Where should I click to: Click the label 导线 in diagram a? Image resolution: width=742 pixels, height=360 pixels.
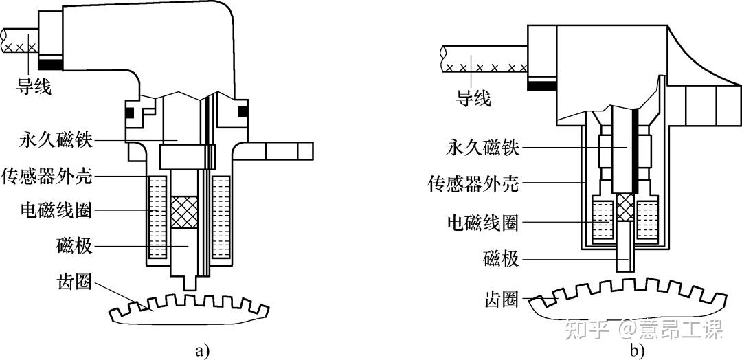click(x=34, y=86)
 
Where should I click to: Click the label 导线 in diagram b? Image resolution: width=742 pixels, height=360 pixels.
click(x=473, y=98)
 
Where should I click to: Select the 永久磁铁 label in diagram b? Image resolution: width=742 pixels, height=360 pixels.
click(x=483, y=148)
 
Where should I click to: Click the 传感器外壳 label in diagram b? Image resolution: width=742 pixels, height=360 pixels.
click(x=473, y=183)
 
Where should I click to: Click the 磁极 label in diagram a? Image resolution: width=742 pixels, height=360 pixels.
click(x=74, y=246)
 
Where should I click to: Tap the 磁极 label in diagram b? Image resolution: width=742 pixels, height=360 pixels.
click(x=501, y=259)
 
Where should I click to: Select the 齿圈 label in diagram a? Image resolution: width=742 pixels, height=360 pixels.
click(x=74, y=282)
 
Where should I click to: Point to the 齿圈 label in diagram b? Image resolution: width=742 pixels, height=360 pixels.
click(x=501, y=300)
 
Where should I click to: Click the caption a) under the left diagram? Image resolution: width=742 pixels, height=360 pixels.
click(x=201, y=351)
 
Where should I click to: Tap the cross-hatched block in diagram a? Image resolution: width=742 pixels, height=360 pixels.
click(x=184, y=212)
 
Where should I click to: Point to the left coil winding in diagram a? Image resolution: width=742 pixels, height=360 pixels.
click(x=157, y=218)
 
